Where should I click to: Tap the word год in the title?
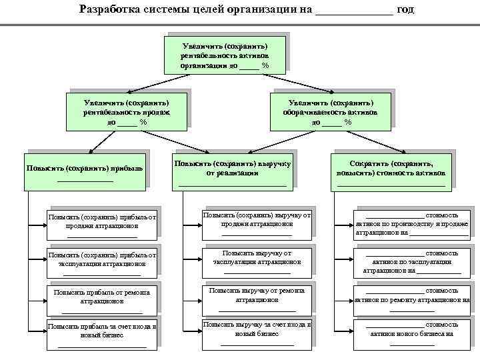click(406, 9)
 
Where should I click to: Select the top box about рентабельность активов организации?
click(225, 54)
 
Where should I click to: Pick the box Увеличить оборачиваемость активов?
click(331, 111)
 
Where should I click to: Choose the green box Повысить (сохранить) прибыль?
click(85, 171)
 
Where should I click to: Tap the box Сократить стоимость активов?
click(391, 171)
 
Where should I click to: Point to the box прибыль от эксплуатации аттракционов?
click(102, 261)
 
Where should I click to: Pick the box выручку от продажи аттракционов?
click(257, 223)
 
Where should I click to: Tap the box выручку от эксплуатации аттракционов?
click(257, 260)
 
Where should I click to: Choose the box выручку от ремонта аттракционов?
click(257, 298)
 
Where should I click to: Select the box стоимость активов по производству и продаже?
click(411, 223)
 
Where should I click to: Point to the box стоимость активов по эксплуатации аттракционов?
click(411, 261)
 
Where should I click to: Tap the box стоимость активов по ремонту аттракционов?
click(411, 298)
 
